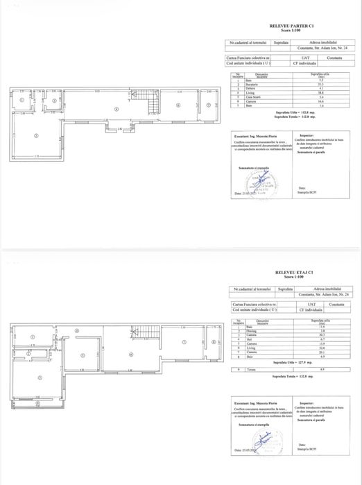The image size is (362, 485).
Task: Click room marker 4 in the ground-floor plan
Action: pyautogui.click(x=117, y=110)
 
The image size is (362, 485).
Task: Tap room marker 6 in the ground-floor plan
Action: pyautogui.click(x=178, y=105)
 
